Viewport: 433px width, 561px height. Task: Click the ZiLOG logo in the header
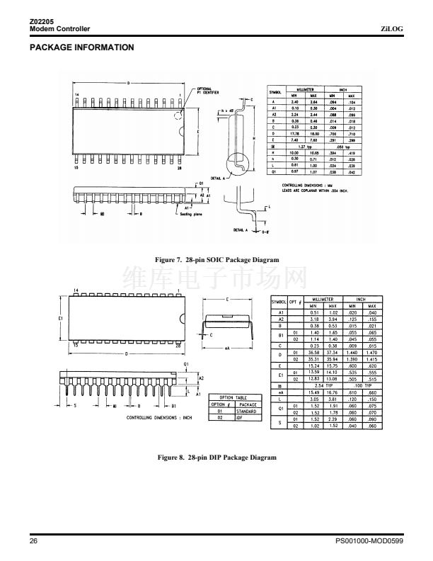391,28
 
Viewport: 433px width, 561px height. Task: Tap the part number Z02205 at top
42,22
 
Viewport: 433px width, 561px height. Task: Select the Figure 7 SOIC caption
216,260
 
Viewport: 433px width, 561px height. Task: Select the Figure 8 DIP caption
216,457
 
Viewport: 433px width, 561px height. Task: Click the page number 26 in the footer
33,541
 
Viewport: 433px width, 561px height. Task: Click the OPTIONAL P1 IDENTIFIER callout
206,89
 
